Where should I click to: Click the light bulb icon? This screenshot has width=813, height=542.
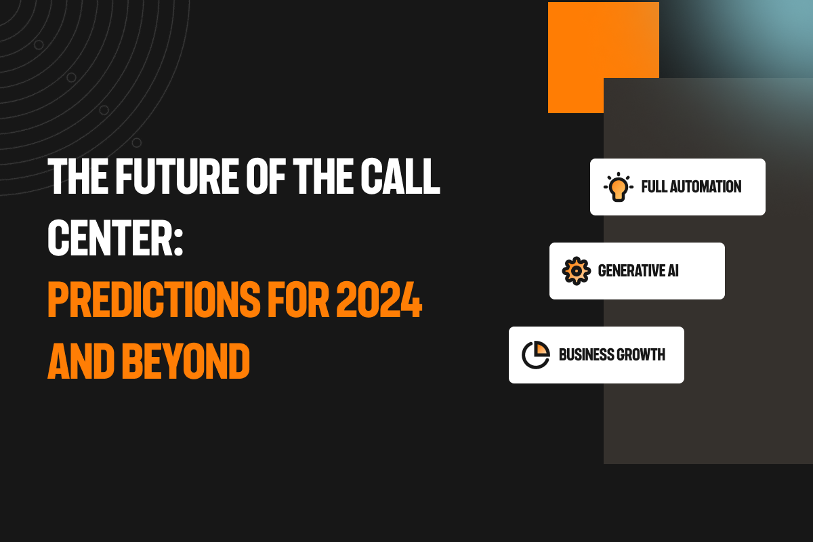tap(619, 186)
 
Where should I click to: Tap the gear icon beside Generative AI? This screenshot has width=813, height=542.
tap(576, 271)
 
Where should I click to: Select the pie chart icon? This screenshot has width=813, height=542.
tap(536, 355)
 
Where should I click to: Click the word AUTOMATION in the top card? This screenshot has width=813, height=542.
tap(705, 186)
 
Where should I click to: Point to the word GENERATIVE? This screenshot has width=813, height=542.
tap(627, 271)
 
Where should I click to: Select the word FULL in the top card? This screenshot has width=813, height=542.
tap(654, 186)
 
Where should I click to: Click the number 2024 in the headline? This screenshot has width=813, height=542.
tap(379, 300)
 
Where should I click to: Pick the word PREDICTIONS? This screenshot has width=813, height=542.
tap(154, 300)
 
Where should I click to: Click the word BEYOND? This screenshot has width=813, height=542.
tap(186, 362)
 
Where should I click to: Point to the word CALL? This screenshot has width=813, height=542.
tap(400, 176)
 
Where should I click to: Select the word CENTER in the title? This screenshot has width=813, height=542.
tap(110, 238)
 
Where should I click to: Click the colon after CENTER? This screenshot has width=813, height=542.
tap(178, 243)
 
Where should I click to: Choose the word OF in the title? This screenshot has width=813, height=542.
tap(266, 176)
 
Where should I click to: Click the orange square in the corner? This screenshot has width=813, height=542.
tap(603, 58)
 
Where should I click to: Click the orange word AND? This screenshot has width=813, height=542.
tap(81, 362)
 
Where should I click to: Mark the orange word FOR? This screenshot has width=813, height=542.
tap(298, 300)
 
